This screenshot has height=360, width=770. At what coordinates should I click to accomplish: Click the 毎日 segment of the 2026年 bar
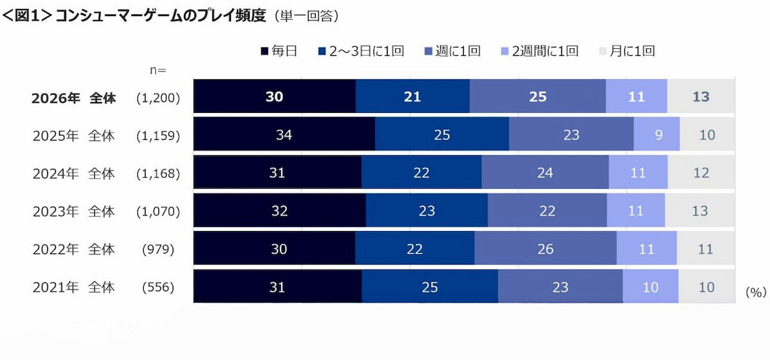tap(275, 96)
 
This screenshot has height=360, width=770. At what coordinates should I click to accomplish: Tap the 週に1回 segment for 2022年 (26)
tap(545, 248)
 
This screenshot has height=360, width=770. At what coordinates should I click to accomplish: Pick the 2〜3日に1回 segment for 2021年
tap(430, 286)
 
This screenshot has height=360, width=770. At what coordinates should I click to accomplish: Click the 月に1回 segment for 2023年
tap(699, 210)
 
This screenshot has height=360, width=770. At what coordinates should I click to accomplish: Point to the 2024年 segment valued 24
tap(545, 172)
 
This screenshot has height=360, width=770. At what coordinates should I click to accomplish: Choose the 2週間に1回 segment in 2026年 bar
tap(637, 96)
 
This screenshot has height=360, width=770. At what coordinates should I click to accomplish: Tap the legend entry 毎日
tap(278, 51)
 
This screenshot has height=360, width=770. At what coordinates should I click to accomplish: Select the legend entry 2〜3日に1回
tap(361, 51)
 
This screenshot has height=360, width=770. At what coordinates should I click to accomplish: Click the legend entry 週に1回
tap(452, 51)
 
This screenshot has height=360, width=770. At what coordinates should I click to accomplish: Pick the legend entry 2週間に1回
tap(540, 51)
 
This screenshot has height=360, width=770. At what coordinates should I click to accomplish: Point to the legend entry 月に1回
tap(627, 51)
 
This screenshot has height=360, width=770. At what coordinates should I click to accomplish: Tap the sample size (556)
tap(158, 287)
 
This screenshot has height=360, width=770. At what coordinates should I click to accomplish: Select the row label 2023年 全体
tap(74, 211)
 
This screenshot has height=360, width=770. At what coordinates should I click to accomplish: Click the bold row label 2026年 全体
tap(74, 98)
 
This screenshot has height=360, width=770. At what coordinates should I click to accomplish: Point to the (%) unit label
tap(756, 292)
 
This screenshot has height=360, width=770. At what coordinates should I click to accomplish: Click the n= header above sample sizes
tap(158, 70)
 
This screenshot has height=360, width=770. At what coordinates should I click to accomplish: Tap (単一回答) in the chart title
tap(307, 16)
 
